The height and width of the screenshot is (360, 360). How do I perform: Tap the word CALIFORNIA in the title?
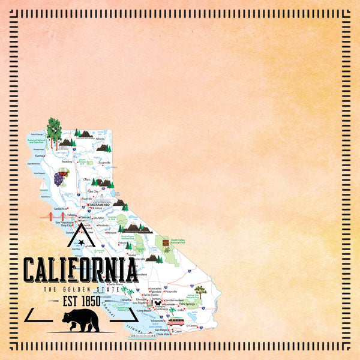(80, 271)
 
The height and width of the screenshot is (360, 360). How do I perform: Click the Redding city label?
(67, 161)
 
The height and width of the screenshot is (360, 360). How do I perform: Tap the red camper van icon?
(176, 322)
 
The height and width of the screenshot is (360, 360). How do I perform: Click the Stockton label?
(99, 218)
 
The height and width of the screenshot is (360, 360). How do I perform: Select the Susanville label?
(104, 162)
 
